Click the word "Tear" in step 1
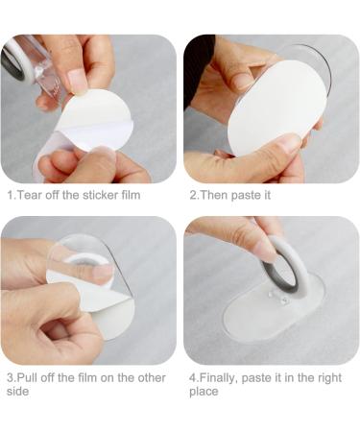(30, 195)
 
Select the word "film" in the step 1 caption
(131, 195)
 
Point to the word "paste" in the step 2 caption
(246, 196)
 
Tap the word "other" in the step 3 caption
(152, 377)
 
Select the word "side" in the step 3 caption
(17, 392)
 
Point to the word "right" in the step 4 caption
(329, 378)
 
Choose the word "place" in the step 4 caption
(204, 392)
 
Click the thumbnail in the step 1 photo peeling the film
(78, 80)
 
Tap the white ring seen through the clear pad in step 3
(80, 258)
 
